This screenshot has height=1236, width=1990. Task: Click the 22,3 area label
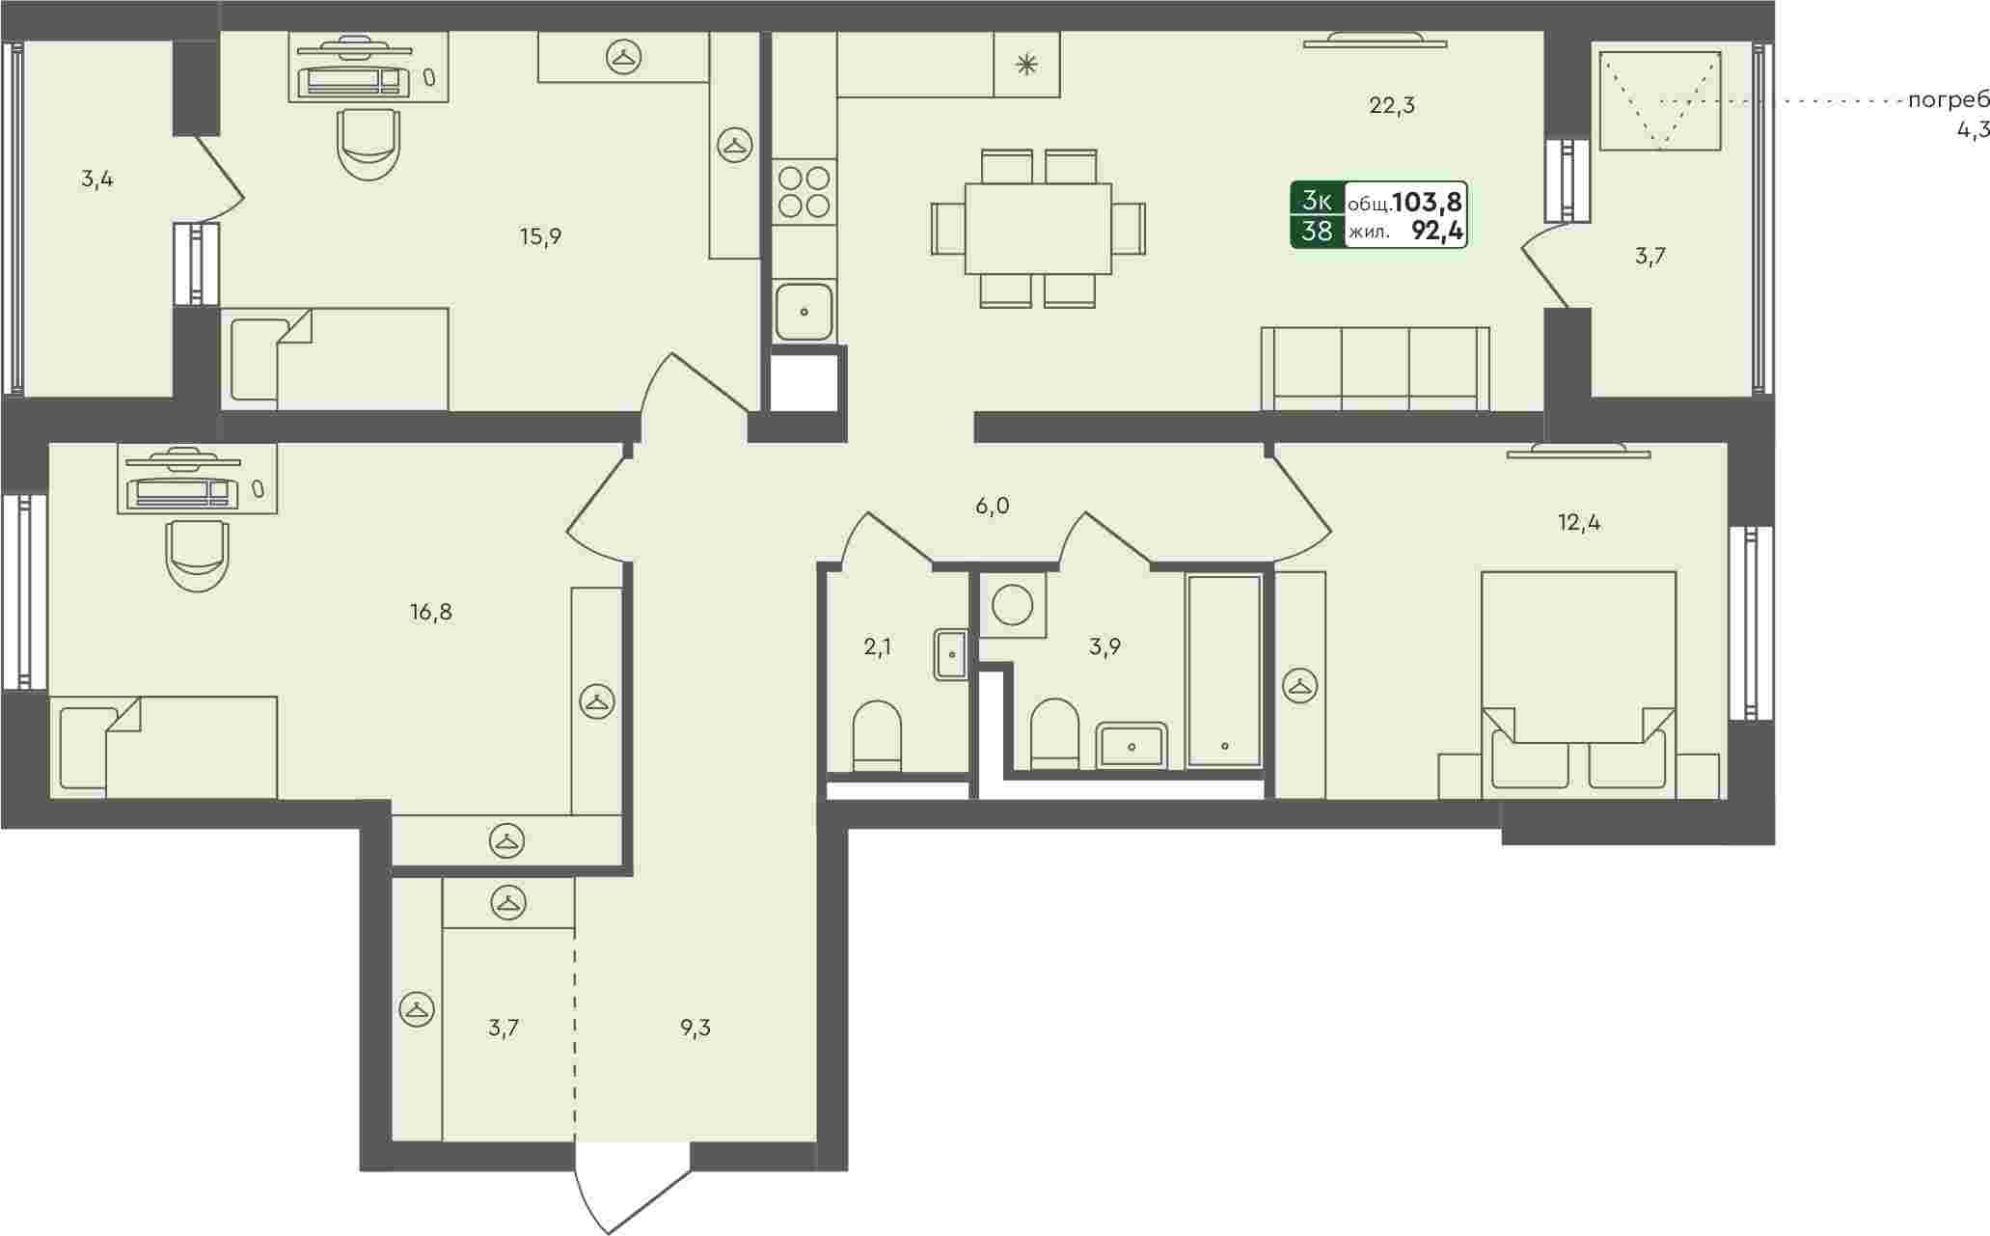click(x=1392, y=106)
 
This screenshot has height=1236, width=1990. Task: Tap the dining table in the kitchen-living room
click(x=1038, y=229)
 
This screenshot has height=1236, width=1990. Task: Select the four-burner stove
click(x=804, y=191)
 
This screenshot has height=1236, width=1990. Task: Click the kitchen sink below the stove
click(x=804, y=312)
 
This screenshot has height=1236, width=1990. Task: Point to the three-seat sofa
click(x=1376, y=370)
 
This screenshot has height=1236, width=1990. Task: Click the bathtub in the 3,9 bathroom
click(x=1224, y=671)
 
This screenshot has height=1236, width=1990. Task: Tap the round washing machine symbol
click(x=1013, y=605)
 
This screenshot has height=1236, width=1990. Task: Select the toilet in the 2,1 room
click(x=877, y=736)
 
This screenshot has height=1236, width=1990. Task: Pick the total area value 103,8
click(x=1428, y=202)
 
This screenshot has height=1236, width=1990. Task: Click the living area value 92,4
click(x=1437, y=232)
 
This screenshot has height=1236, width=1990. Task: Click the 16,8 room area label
click(x=430, y=612)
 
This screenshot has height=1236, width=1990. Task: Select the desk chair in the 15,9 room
click(x=368, y=144)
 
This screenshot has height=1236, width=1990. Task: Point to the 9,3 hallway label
click(x=695, y=1029)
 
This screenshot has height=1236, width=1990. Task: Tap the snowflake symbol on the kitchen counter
click(x=1027, y=65)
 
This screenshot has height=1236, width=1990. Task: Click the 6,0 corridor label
click(x=992, y=507)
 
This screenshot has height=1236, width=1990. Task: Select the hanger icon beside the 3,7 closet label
click(x=417, y=1010)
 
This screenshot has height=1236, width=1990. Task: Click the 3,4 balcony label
click(x=97, y=179)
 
